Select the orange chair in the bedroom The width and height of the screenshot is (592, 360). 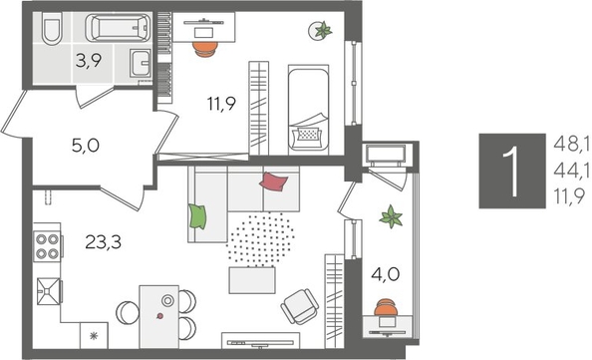[x=202, y=44]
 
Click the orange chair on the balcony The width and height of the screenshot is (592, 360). [x=385, y=308]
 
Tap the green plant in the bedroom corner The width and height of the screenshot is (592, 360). [x=322, y=31]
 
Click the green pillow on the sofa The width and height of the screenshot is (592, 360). [x=197, y=214]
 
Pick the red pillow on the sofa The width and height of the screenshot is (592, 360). [x=274, y=182]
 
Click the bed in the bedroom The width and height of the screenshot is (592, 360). [x=307, y=110]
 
